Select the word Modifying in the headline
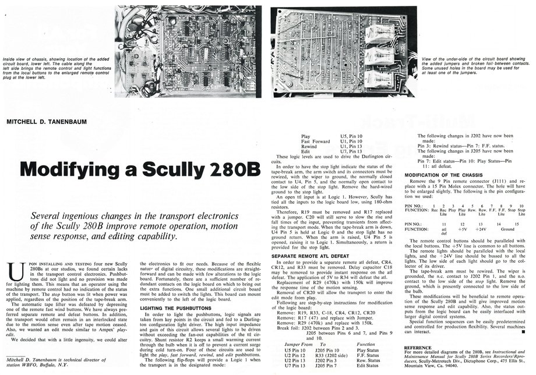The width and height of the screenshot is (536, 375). [x=65, y=168]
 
